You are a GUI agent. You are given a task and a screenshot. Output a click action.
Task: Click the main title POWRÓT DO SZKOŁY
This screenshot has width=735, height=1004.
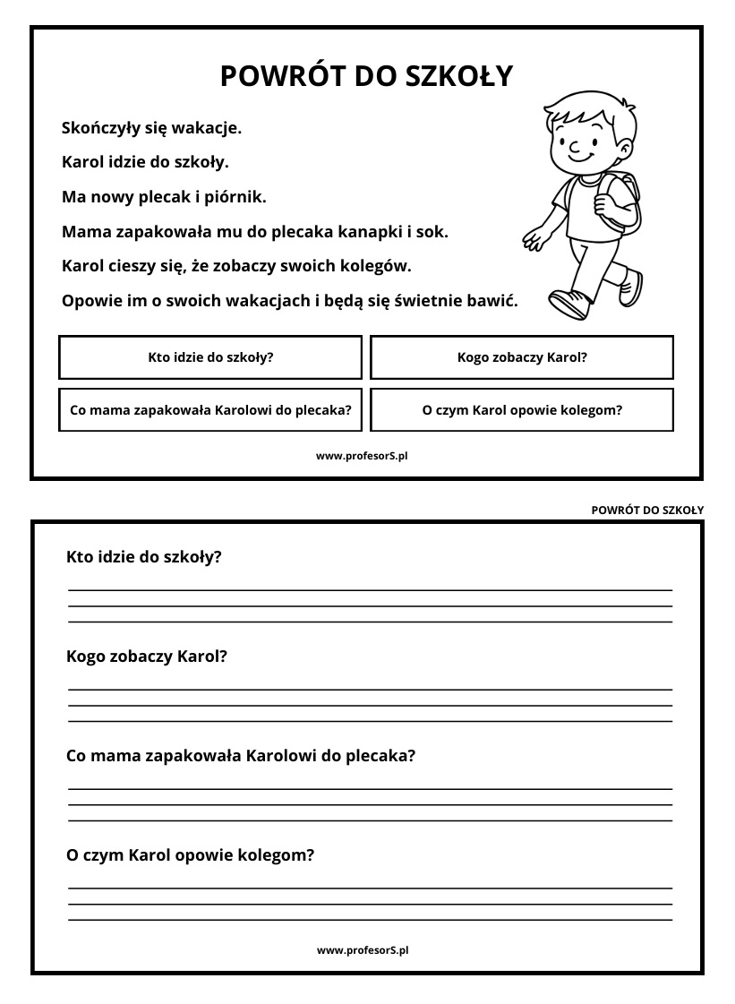(x=366, y=76)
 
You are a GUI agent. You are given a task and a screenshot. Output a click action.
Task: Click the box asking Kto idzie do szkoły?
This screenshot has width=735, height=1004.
(x=210, y=357)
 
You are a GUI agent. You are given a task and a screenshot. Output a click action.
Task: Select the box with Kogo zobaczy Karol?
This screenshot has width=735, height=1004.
(x=522, y=357)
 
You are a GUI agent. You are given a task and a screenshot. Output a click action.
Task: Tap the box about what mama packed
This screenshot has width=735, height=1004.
(x=210, y=410)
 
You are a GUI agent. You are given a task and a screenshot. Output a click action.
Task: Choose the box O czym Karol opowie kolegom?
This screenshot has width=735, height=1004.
(x=522, y=410)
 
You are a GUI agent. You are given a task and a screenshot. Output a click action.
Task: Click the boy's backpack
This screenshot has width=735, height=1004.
(x=624, y=202)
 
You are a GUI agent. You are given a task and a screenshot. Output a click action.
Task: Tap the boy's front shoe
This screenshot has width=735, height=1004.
(x=569, y=305)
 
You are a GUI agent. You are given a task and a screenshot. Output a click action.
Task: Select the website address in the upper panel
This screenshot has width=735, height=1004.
(x=362, y=456)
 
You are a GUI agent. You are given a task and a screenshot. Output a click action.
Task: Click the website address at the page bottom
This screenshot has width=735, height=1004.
(x=363, y=950)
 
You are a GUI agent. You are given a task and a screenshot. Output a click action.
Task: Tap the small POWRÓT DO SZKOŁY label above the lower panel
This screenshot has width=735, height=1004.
(x=647, y=511)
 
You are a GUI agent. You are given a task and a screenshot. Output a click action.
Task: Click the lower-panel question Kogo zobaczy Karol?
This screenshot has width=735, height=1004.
(x=147, y=656)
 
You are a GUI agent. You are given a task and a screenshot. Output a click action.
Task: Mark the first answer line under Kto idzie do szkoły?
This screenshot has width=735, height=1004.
(x=370, y=590)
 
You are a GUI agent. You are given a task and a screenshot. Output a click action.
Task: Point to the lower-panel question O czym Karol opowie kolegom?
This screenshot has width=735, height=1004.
(x=191, y=855)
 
